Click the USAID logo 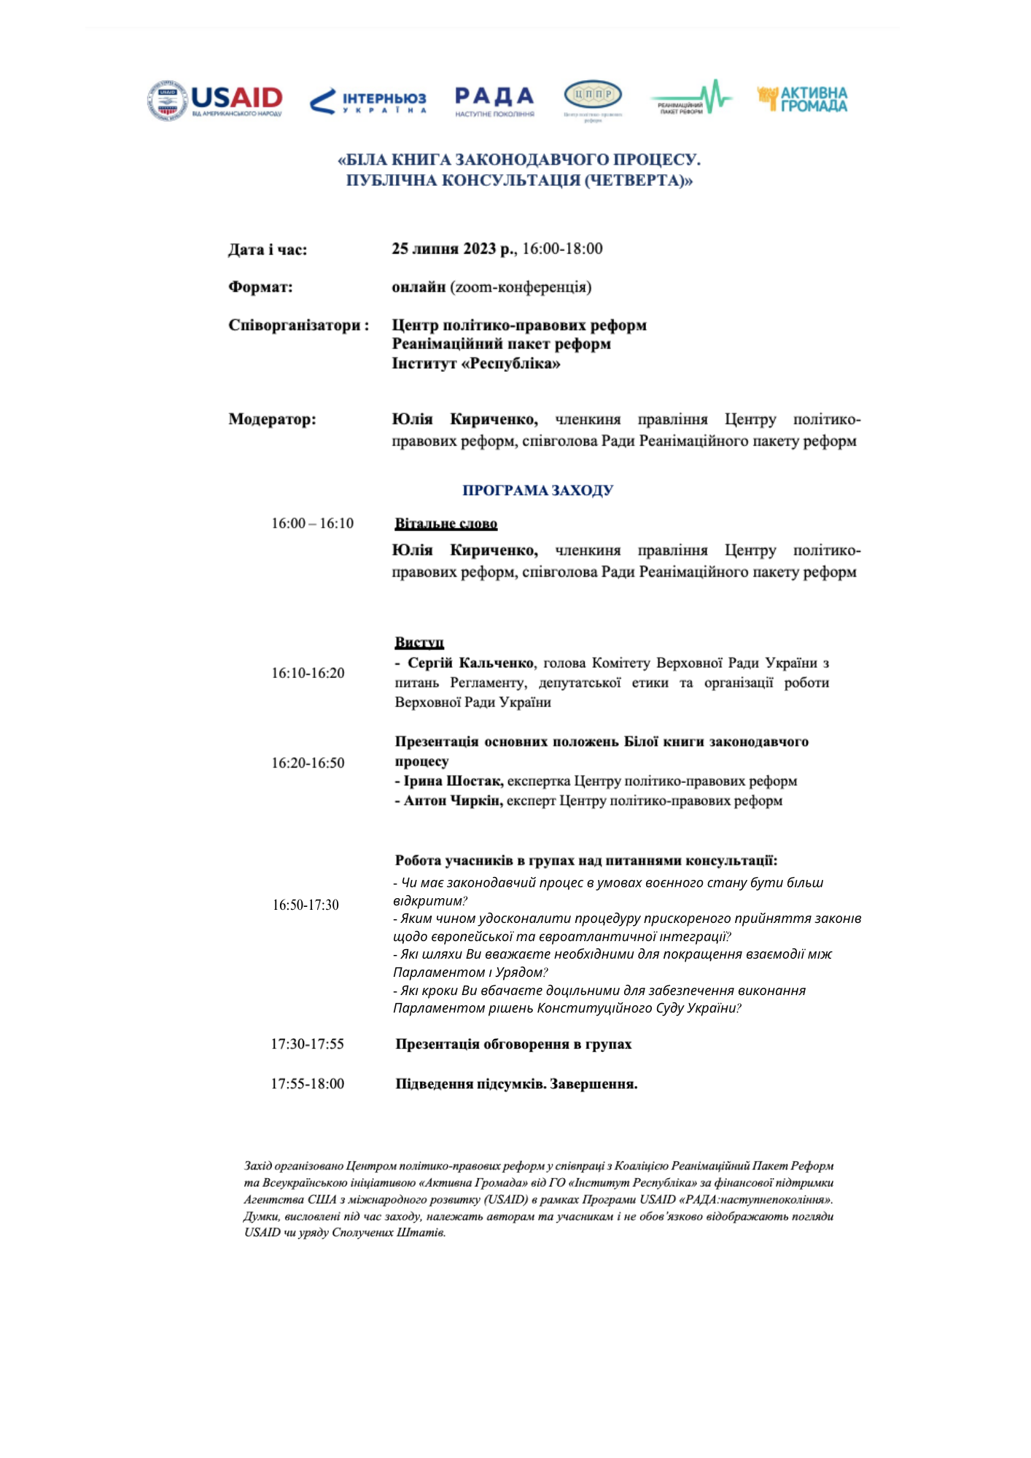[x=215, y=100]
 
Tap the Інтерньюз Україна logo [x=368, y=101]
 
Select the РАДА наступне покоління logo [x=494, y=101]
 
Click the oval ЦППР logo [x=593, y=98]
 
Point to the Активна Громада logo [x=802, y=99]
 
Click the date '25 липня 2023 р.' [x=454, y=249]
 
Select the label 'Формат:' [x=260, y=287]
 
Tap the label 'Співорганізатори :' [x=299, y=325]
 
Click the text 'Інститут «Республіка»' [x=476, y=363]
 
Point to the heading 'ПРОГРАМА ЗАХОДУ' [x=537, y=491]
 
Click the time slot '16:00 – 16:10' [x=312, y=523]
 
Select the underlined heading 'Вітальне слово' [x=446, y=523]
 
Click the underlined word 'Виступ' [x=419, y=642]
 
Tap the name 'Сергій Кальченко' [x=470, y=663]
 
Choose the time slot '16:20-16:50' [x=308, y=763]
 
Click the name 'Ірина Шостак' [x=453, y=781]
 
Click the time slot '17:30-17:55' [x=307, y=1044]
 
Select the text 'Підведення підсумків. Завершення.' [x=516, y=1084]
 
